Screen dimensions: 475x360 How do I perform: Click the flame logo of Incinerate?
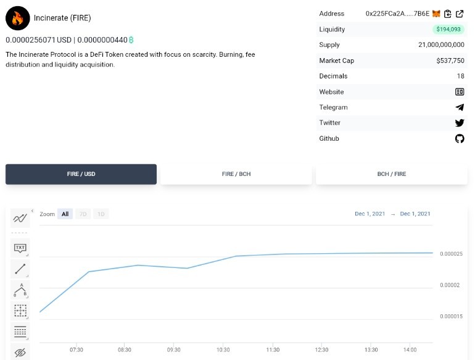pos(17,18)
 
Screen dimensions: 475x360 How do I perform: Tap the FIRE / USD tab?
pos(81,174)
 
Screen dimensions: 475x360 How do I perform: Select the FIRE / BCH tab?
pos(236,174)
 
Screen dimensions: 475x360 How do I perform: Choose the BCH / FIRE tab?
pos(391,174)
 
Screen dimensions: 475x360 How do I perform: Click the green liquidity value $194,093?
pos(448,29)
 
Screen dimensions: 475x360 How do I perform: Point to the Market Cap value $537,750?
pos(450,61)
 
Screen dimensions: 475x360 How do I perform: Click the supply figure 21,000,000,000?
pos(441,45)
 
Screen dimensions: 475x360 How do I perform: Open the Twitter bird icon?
pos(460,123)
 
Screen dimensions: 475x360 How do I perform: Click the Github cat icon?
pos(460,138)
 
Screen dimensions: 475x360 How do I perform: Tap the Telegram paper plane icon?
pos(460,107)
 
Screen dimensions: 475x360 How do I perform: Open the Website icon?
pos(460,91)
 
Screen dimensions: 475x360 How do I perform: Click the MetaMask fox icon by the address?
pos(436,14)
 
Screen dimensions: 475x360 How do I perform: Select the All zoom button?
pos(65,214)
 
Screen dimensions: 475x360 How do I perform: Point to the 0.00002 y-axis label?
pos(450,285)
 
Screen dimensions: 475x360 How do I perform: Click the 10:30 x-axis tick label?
pos(223,350)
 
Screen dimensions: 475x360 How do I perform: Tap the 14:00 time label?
pos(410,350)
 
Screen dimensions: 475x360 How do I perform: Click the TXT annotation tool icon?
pos(20,248)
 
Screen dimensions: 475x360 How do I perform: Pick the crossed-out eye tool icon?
pos(20,353)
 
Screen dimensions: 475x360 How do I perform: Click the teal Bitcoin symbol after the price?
pos(131,40)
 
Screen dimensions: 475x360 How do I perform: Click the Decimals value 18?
pos(460,76)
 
